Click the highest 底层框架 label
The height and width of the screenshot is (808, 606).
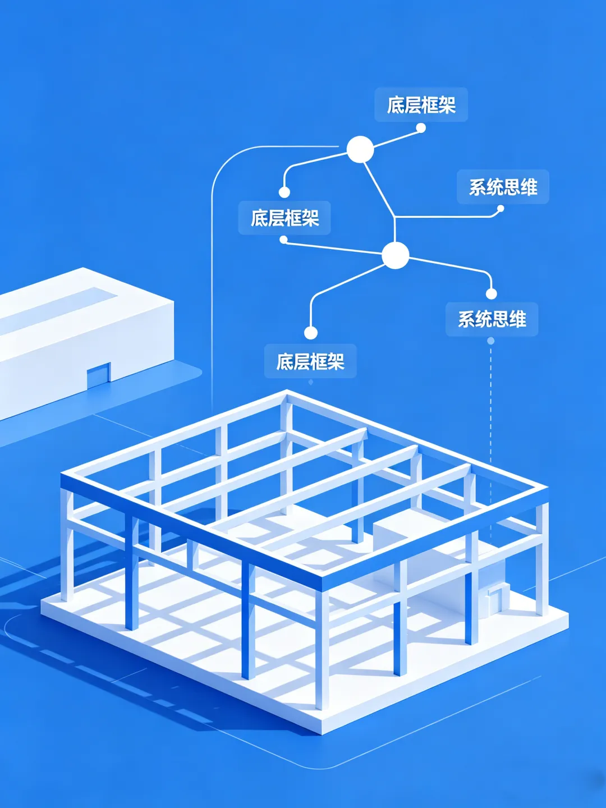coord(421,105)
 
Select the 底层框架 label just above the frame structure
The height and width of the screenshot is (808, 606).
coord(310,361)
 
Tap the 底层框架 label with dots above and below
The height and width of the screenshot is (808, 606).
coord(284,218)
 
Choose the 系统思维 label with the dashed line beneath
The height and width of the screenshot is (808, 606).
coord(492,319)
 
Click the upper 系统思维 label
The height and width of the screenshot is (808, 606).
coord(503,187)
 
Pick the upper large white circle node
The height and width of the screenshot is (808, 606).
coord(360,149)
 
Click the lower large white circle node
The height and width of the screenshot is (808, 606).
coord(396,255)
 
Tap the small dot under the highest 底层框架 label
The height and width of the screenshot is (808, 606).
coord(421,128)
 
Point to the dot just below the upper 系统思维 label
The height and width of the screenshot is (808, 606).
coord(501,209)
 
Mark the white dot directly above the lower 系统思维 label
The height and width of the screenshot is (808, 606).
coord(492,293)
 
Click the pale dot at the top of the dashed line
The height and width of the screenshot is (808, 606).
coord(491,341)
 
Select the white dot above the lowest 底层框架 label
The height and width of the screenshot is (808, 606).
coord(311,333)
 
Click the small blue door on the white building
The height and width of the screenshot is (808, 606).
coord(99,375)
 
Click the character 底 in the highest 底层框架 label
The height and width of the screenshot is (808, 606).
coord(396,105)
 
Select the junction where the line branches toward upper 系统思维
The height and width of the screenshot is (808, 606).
coord(395,217)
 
